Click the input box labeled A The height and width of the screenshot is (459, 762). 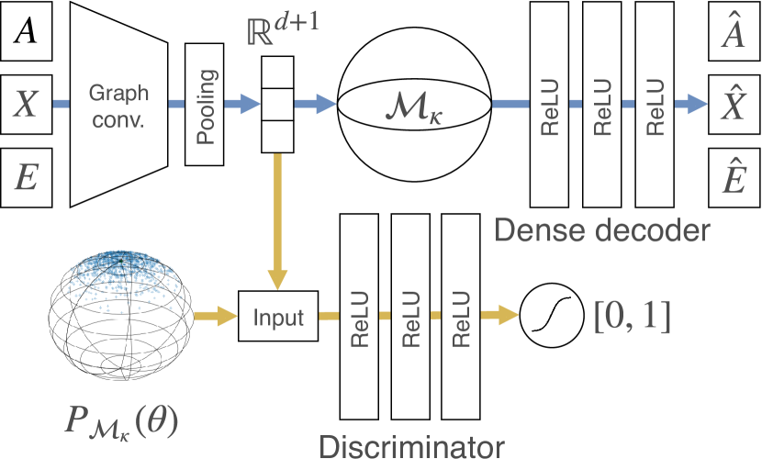pyautogui.click(x=27, y=31)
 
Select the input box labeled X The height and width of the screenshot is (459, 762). pyautogui.click(x=27, y=105)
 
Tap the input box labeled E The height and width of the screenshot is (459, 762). pyautogui.click(x=27, y=178)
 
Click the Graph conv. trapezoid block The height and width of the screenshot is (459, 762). pyautogui.click(x=119, y=105)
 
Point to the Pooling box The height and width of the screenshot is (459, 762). pyautogui.click(x=205, y=105)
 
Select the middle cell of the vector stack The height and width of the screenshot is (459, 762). pyautogui.click(x=278, y=105)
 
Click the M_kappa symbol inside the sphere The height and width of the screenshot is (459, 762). pyautogui.click(x=414, y=111)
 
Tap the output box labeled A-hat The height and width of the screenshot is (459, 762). pyautogui.click(x=734, y=31)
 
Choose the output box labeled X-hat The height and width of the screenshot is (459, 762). pyautogui.click(x=734, y=105)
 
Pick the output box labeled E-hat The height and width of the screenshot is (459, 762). pyautogui.click(x=734, y=178)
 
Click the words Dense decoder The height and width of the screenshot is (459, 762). pyautogui.click(x=602, y=230)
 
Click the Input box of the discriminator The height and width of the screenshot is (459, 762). pyautogui.click(x=278, y=316)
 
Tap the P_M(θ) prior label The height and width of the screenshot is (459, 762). pyautogui.click(x=121, y=421)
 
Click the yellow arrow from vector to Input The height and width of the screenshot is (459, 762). pyautogui.click(x=278, y=221)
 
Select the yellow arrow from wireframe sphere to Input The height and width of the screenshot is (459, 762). pyautogui.click(x=215, y=316)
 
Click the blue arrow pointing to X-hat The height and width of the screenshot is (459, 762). pyautogui.click(x=690, y=104)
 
